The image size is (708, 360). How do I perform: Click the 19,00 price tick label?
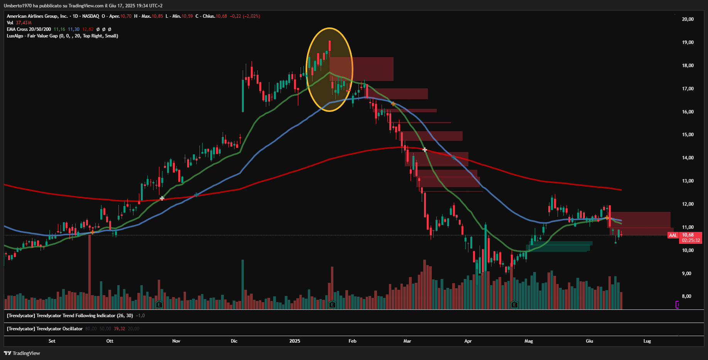click(x=688, y=42)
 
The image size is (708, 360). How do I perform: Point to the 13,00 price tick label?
click(x=688, y=181)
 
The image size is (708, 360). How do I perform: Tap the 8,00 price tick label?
click(x=686, y=296)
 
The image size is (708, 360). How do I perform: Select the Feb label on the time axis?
click(x=352, y=341)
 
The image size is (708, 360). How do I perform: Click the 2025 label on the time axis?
click(x=295, y=341)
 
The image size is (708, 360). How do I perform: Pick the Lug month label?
click(x=647, y=341)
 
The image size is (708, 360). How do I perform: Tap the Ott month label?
click(x=110, y=341)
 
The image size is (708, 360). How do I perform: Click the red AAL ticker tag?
click(x=673, y=235)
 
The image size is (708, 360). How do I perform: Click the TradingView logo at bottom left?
click(x=22, y=353)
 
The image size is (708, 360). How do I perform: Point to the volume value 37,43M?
click(x=24, y=23)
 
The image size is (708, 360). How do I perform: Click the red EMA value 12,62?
click(x=88, y=29)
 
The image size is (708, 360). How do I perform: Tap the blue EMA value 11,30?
click(x=74, y=29)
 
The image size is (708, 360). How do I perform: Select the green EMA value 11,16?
click(x=59, y=29)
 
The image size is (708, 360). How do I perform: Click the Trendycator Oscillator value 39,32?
click(x=119, y=329)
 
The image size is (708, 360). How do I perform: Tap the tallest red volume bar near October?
click(x=90, y=270)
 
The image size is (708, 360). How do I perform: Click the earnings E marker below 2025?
click(x=332, y=305)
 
